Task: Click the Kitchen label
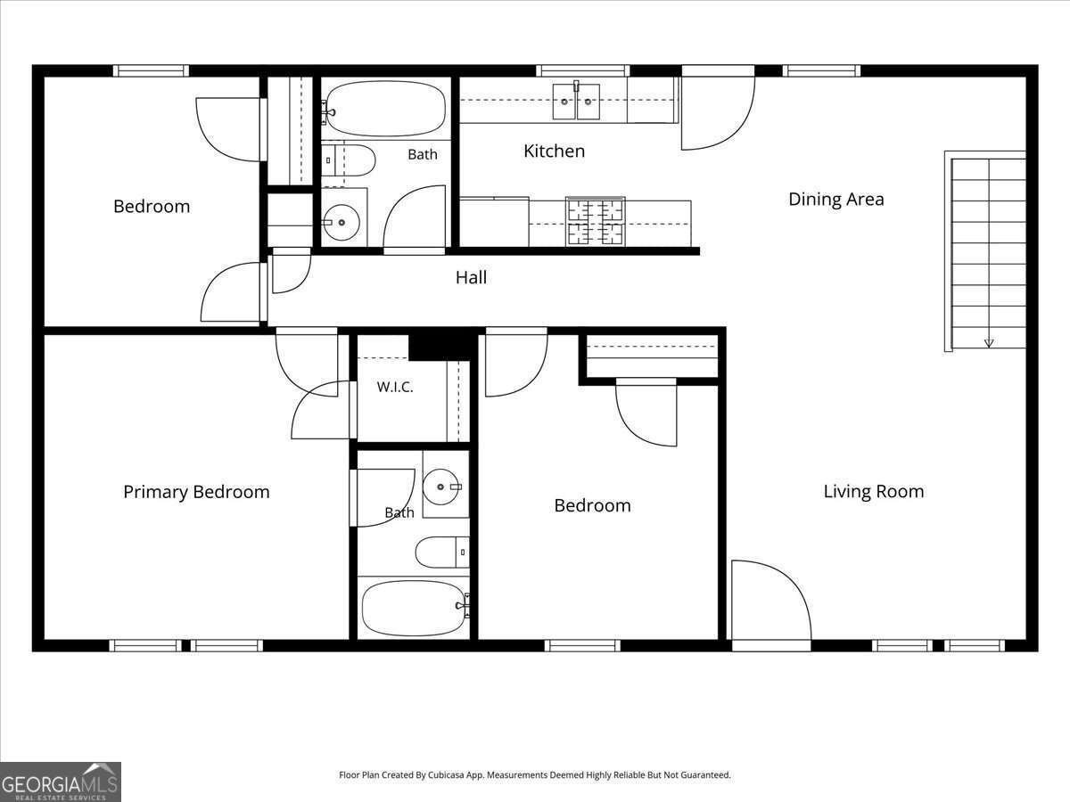click(x=555, y=151)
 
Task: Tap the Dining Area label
click(x=836, y=199)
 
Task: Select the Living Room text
click(x=874, y=491)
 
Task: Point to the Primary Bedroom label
click(x=196, y=492)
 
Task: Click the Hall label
click(x=471, y=277)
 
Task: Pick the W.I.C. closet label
click(x=395, y=388)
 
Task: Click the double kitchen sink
click(x=576, y=102)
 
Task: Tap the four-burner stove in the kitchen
click(x=596, y=221)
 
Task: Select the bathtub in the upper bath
click(x=385, y=108)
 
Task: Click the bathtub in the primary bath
click(x=414, y=608)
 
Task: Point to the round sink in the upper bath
click(x=342, y=223)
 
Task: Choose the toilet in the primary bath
click(x=442, y=552)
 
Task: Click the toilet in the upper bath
click(x=348, y=160)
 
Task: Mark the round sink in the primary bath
click(x=440, y=487)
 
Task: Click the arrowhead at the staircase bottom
click(x=989, y=343)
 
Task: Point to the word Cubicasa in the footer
click(x=446, y=774)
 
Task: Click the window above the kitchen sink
click(x=583, y=70)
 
